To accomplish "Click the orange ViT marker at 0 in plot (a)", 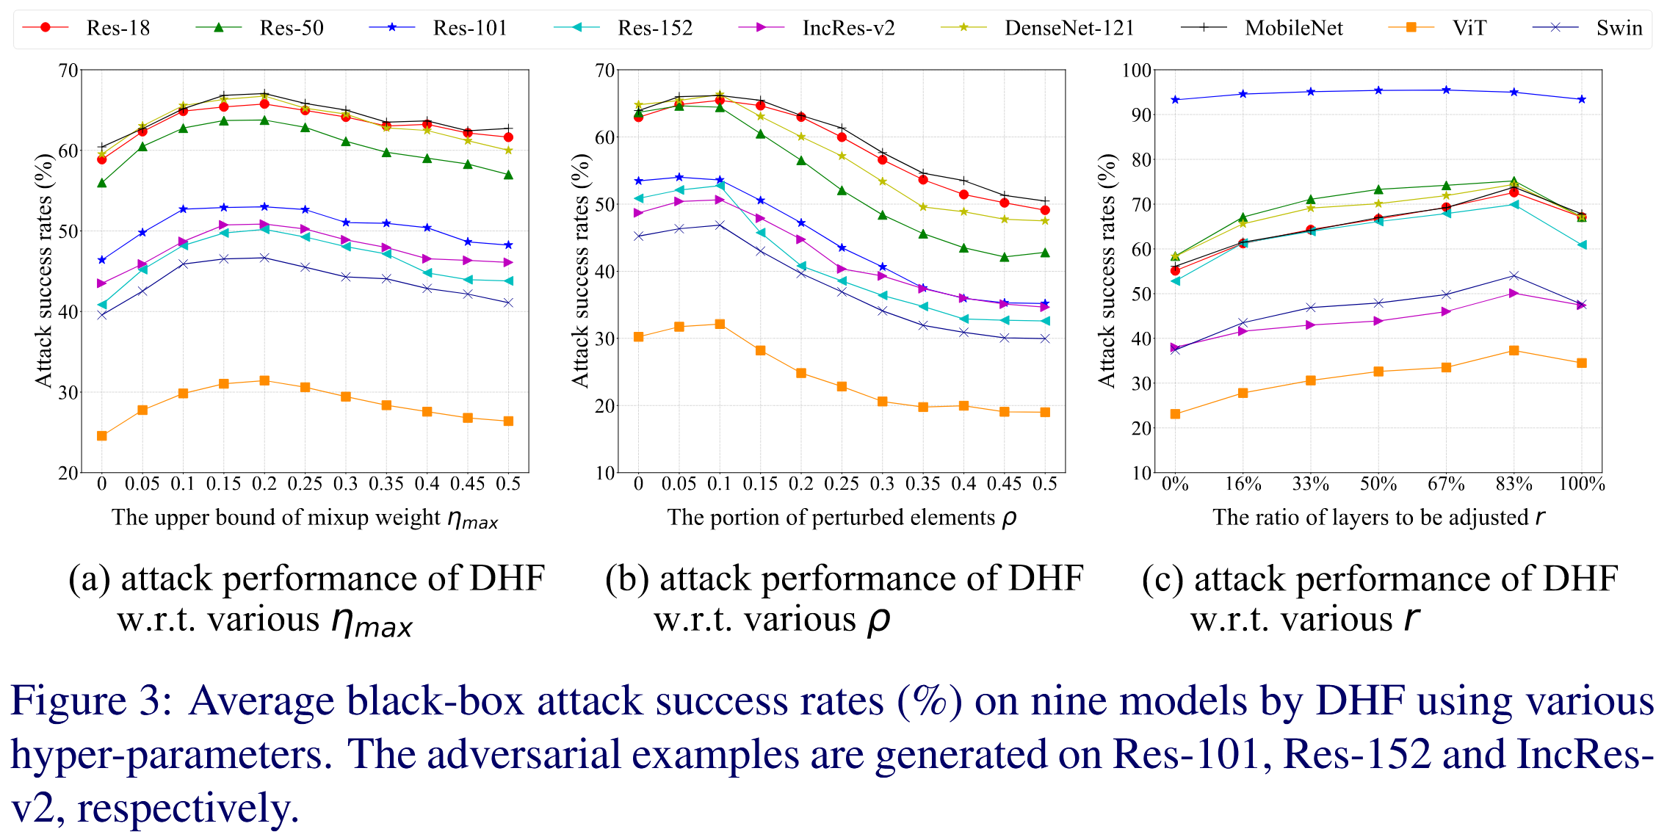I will pos(102,436).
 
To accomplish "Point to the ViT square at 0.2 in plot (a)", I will pos(264,380).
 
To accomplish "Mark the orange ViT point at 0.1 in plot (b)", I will pos(720,324).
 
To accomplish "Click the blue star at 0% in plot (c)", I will pos(1175,99).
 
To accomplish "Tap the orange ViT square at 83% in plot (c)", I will pos(1514,350).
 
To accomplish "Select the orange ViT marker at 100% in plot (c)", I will pos(1582,363).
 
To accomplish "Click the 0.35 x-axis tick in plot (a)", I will pos(386,484).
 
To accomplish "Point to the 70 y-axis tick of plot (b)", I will pos(604,70).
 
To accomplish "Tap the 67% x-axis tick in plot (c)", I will pos(1446,484).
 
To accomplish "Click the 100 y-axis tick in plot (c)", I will pos(1137,70).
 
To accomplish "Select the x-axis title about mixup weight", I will pos(305,518).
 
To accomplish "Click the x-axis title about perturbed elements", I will pos(842,518).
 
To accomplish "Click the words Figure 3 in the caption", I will pos(91,700).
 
